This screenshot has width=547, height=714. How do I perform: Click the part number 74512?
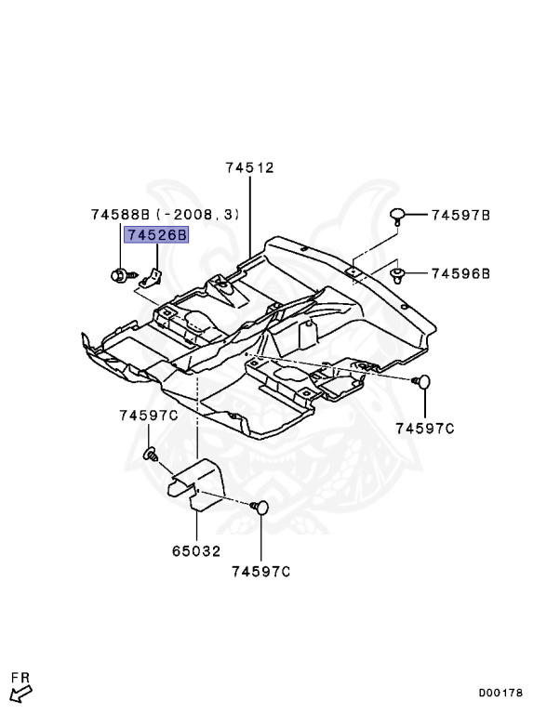249,168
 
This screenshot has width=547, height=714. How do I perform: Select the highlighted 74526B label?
157,236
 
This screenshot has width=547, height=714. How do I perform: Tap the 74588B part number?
120,215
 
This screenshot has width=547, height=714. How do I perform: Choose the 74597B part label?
460,215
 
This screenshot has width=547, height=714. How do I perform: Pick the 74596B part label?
460,273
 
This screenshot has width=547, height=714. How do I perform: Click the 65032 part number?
196,550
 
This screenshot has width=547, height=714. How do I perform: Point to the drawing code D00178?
501,693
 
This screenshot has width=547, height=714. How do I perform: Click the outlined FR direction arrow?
20,692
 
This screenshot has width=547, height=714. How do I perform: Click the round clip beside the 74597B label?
398,217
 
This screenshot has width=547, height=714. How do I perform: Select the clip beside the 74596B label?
398,273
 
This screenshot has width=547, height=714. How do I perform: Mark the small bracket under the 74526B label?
155,275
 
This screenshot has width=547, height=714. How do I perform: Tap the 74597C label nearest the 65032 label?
261,571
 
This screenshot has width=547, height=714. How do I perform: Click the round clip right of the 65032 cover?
260,508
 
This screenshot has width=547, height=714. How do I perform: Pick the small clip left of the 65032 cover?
149,454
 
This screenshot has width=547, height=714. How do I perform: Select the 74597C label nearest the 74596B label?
424,429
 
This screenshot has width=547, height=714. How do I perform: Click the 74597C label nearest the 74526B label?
148,414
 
